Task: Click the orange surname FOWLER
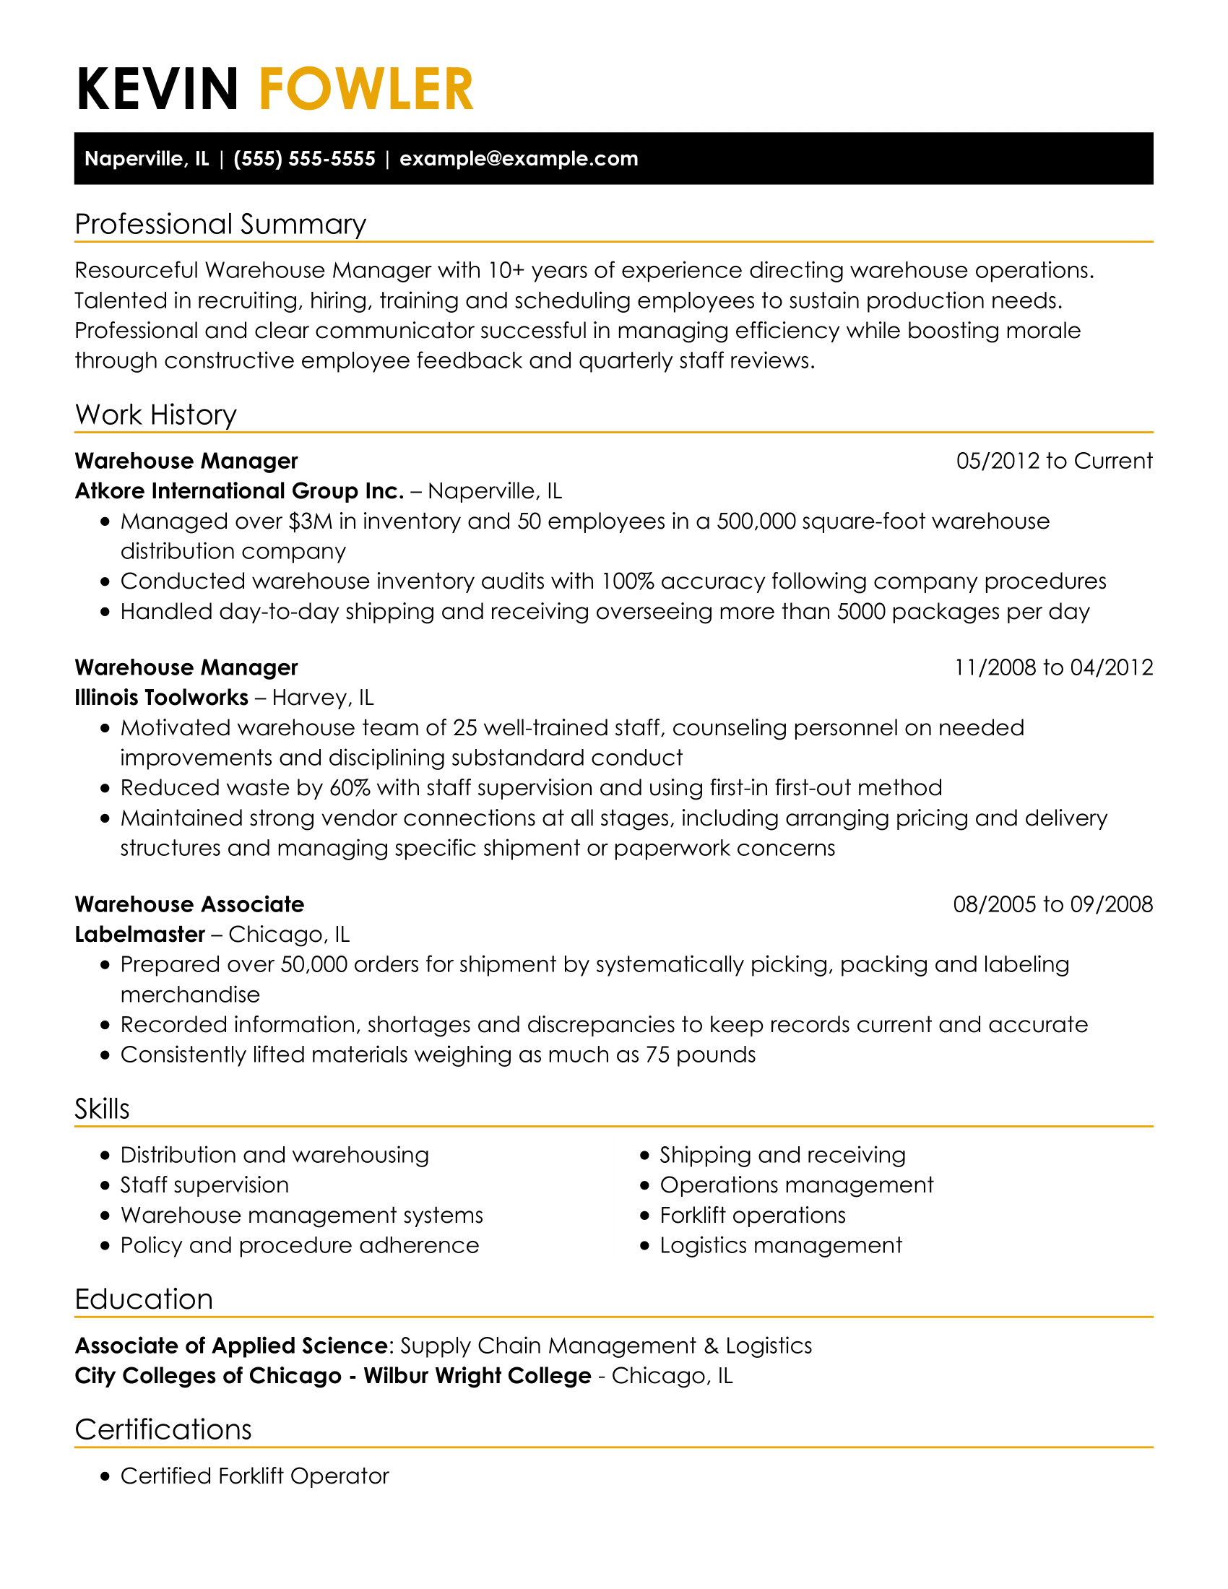pos(366,90)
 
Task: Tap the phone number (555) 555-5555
pos(304,159)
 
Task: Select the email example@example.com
pos(519,159)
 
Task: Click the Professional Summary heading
pos(220,224)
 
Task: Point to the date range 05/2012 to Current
pos(1054,461)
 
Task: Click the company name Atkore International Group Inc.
pos(239,491)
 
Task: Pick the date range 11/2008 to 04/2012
pos(1053,667)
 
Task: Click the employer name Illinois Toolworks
pos(162,698)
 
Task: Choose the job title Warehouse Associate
pos(189,904)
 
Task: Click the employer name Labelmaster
pos(139,934)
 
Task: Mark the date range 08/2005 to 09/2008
pos(1052,904)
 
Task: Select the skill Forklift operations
pos(752,1215)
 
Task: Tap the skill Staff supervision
pos(204,1185)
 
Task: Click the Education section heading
pos(144,1299)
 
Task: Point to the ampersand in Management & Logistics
pos(711,1346)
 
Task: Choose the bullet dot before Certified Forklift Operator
pos(105,1476)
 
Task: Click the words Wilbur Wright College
pos(477,1376)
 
